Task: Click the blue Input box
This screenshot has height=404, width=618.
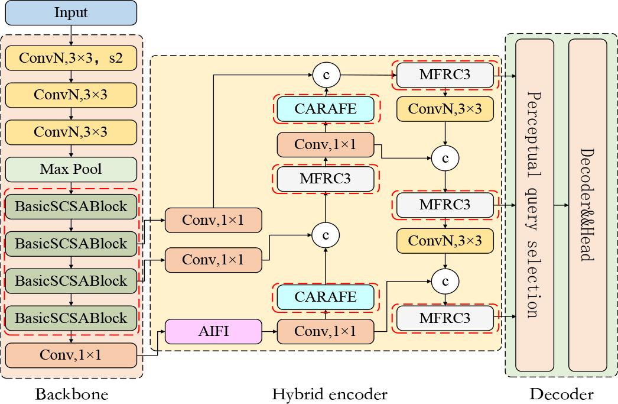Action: (71, 12)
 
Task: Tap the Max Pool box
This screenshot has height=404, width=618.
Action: (71, 169)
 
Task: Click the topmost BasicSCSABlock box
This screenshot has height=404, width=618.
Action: (71, 206)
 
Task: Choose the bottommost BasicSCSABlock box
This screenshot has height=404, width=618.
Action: (71, 318)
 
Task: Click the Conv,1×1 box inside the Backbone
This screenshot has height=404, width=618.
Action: (71, 355)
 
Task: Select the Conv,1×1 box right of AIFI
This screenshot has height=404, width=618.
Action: (326, 331)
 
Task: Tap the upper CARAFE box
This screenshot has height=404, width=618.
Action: (326, 108)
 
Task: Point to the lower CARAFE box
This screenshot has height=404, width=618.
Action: (326, 297)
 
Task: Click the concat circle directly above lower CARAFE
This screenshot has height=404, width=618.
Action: (326, 235)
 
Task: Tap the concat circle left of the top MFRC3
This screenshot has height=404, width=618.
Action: (326, 75)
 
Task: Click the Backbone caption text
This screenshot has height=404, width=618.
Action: (72, 395)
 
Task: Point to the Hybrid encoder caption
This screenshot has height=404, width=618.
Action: (330, 395)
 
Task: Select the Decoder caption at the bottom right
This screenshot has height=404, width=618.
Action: (561, 395)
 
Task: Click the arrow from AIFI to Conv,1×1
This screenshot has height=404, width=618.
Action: (269, 331)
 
